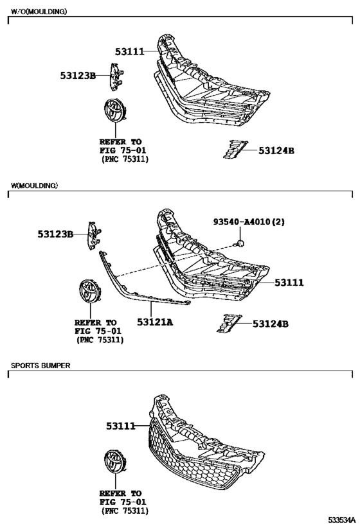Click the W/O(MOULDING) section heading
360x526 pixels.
(x=39, y=12)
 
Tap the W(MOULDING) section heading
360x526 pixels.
(x=34, y=186)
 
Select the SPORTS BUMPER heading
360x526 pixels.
(x=40, y=365)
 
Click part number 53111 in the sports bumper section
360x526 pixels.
(x=121, y=426)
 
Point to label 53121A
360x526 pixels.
(x=155, y=322)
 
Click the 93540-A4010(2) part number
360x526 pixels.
(x=249, y=222)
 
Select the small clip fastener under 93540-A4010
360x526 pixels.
(x=240, y=243)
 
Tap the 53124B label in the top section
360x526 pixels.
(x=276, y=151)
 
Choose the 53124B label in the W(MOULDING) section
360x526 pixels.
(x=271, y=324)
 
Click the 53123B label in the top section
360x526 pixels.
(x=78, y=76)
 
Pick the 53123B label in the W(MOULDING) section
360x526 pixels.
(x=55, y=234)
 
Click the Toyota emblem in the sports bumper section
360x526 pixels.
(x=115, y=462)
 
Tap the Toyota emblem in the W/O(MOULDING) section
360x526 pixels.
(x=115, y=110)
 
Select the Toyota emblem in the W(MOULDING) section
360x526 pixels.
(x=90, y=291)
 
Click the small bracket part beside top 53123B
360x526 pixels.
(x=116, y=77)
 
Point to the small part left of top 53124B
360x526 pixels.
(x=235, y=149)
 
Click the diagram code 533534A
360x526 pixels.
(x=341, y=520)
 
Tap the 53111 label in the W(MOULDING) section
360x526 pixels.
(x=289, y=283)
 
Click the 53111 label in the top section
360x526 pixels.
(x=130, y=51)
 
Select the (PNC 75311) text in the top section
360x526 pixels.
(x=125, y=159)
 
